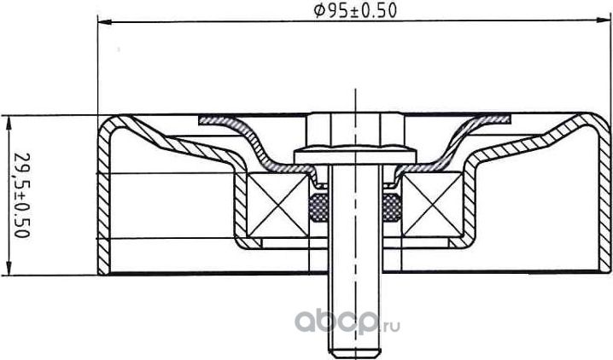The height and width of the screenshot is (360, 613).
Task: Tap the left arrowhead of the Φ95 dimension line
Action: (99, 24)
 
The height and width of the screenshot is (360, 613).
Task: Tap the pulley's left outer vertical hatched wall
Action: (104, 205)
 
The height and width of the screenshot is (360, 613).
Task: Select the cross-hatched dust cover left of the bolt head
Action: (231, 122)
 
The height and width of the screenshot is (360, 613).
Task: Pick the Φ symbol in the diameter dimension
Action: (318, 10)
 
